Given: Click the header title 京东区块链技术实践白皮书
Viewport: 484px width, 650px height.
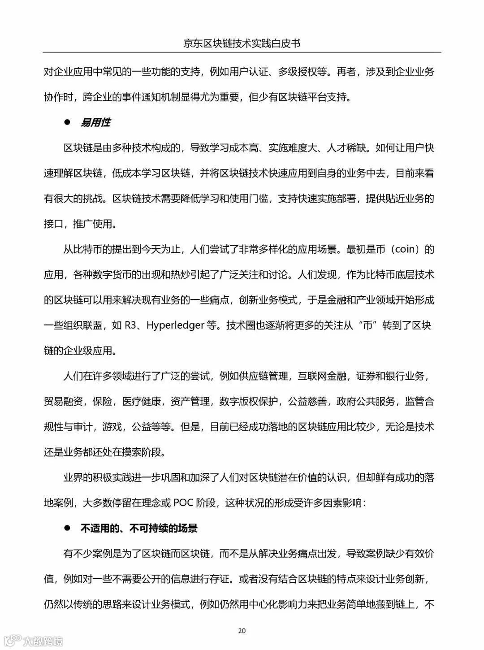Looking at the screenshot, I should click(242, 43).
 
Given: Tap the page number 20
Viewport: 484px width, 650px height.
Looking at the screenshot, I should click(242, 631).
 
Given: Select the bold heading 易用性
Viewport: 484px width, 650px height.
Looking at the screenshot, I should click(95, 123).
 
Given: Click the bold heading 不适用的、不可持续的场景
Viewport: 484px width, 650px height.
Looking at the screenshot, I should click(139, 529).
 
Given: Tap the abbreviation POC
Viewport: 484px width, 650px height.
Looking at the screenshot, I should click(183, 503).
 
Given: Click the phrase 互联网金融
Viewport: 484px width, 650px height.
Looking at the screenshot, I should click(322, 376).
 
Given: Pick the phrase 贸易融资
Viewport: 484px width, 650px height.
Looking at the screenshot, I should click(63, 401).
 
